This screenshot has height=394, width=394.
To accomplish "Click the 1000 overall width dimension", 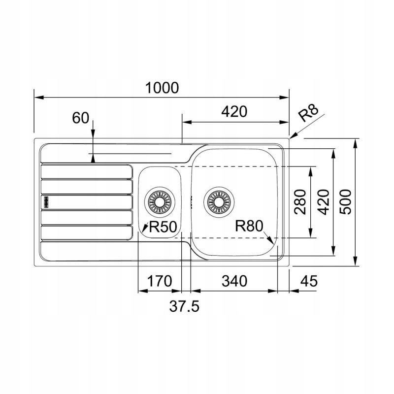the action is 162,88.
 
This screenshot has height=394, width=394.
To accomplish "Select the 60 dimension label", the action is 80,118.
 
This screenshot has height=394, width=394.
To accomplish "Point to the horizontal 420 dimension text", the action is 234,112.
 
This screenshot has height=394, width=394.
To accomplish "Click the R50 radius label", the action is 163,227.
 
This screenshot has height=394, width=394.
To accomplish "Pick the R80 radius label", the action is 249,226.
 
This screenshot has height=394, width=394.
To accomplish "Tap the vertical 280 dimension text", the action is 300,202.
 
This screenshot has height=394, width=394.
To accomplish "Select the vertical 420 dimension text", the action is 323,202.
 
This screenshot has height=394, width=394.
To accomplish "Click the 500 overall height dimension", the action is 345,202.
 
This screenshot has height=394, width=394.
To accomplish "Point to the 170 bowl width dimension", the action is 160,281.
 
